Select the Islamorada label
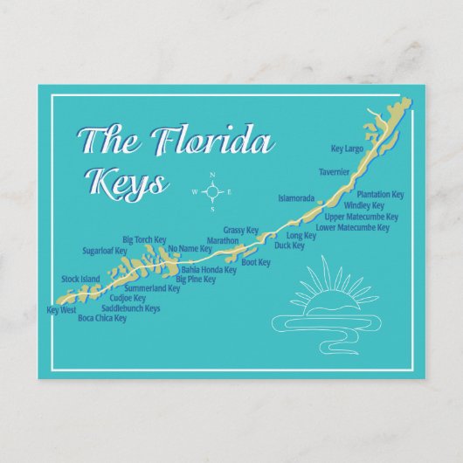296,198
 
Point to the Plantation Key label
380,194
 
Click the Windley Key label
376,205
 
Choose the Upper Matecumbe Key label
361,217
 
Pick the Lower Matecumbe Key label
352,227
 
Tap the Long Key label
301,236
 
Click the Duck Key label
289,246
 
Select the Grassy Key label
241,231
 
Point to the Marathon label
223,241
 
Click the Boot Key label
255,262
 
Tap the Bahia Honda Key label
209,270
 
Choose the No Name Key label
190,249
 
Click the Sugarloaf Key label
105,251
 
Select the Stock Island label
80,280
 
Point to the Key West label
62,310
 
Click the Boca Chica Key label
102,319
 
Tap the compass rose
211,191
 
